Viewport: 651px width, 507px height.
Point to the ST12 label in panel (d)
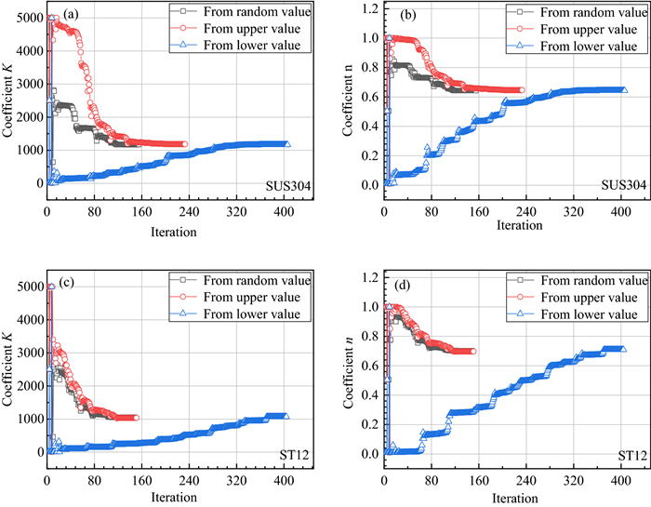point(634,457)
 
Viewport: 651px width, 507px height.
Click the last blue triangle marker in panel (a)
point(286,144)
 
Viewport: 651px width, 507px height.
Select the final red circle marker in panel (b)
point(521,90)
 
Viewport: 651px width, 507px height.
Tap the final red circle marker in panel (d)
point(472,352)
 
